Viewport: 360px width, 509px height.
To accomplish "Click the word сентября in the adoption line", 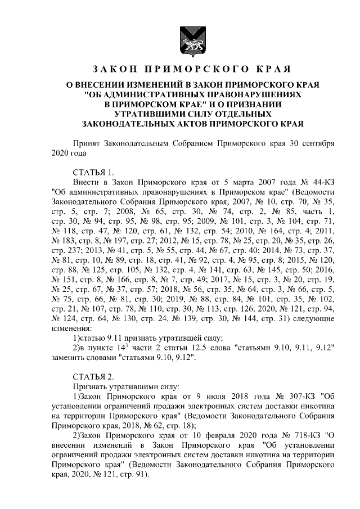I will (x=317, y=143).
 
